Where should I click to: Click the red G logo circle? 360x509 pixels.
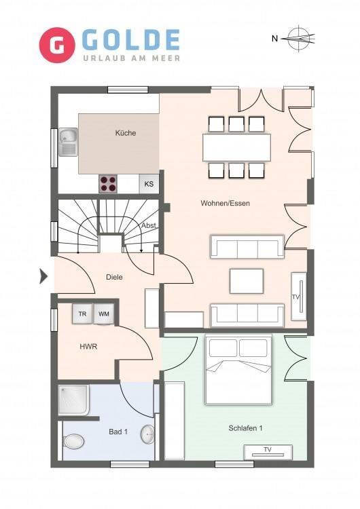57,45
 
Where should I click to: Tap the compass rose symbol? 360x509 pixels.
299,39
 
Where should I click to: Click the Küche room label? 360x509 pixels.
126,133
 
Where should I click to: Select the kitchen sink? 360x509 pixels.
68,143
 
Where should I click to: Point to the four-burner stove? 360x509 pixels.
108,184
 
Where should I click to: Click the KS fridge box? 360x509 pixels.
149,184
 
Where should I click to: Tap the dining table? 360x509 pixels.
236,147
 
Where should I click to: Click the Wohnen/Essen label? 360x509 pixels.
225,203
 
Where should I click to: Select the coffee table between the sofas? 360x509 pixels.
247,281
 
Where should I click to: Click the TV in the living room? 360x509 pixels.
299,297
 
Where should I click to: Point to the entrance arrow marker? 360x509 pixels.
43,277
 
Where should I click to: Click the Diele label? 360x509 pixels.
114,277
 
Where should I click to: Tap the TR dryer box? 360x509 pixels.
82,314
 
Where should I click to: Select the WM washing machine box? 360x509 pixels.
104,314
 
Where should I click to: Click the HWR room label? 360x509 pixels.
88,346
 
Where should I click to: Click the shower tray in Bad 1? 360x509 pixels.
74,400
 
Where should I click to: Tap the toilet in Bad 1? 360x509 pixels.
73,442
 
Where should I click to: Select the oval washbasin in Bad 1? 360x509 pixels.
148,434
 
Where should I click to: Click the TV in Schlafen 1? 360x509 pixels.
268,453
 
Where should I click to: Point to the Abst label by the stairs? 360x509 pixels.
149,225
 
